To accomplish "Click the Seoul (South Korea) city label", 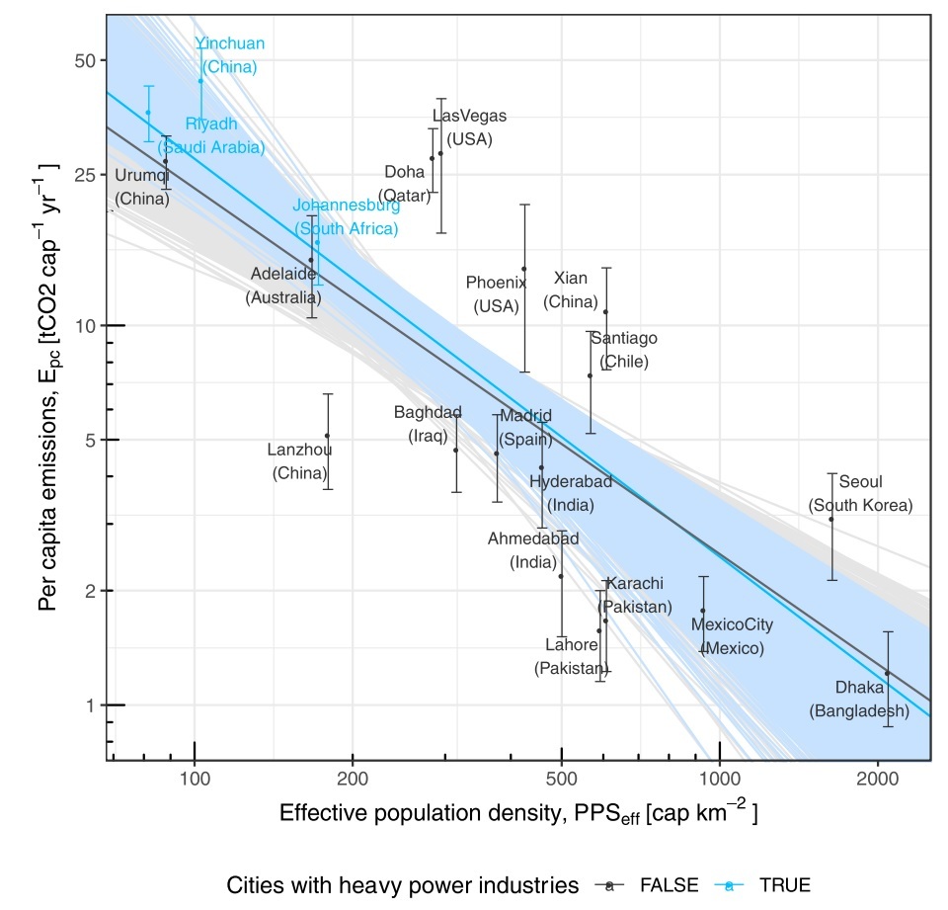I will coord(860,494).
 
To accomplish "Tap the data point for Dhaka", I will coord(887,673).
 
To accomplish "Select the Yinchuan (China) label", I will coord(230,55).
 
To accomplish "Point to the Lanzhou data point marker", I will coord(327,436).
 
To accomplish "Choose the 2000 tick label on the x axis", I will coord(877,781).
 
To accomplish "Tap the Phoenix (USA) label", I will coord(496,294).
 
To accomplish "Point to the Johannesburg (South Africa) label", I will coord(347,217).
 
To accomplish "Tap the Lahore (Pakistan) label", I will coord(571,657).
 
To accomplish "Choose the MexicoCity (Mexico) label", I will coord(732,636).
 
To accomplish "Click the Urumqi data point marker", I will coord(165,161).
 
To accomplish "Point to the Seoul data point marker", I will coord(831,519).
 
